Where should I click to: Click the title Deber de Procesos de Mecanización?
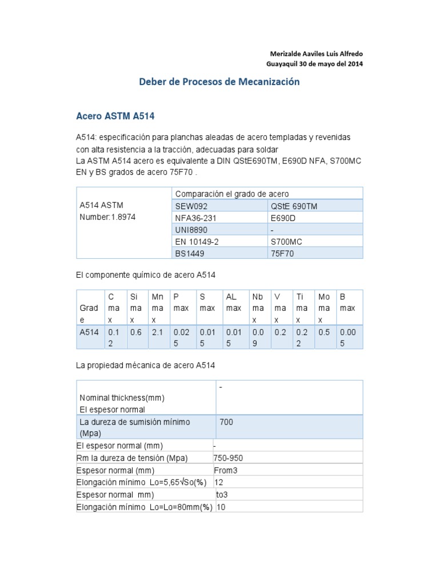tap(219, 82)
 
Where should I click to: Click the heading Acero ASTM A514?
tap(115, 116)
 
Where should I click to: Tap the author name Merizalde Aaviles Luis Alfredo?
tap(314, 54)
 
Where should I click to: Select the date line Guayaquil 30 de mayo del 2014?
tap(315, 63)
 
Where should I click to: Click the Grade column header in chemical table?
tap(89, 314)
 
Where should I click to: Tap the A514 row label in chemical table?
tap(89, 332)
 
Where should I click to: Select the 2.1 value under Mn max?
tap(157, 332)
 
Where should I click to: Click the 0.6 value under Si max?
tap(135, 332)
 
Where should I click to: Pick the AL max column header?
tap(233, 302)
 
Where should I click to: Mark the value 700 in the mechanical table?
tap(226, 422)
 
